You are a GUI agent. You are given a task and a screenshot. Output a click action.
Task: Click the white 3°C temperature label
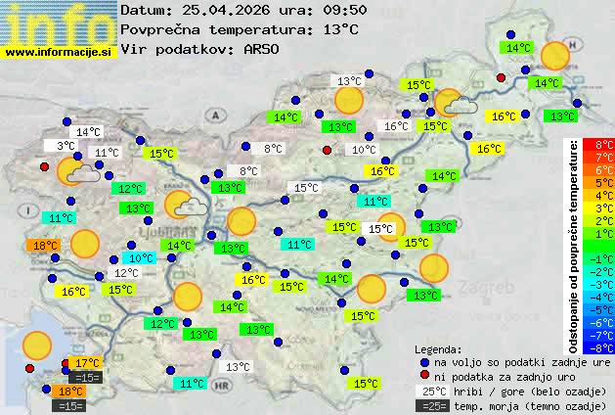click(x=66, y=146)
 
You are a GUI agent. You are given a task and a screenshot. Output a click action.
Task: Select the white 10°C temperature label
click(x=364, y=150)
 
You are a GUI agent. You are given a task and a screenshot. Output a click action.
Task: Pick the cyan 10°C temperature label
click(x=142, y=258)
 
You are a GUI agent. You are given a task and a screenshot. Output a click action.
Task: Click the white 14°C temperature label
click(x=88, y=132)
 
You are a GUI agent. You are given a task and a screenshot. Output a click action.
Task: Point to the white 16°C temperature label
click(x=396, y=126)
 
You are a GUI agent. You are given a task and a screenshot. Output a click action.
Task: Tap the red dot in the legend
click(x=424, y=376)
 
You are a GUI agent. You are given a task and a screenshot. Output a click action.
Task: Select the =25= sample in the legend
click(x=435, y=405)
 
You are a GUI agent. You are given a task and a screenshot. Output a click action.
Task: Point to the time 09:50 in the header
click(x=320, y=10)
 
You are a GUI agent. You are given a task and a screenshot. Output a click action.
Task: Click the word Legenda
click(x=438, y=348)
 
